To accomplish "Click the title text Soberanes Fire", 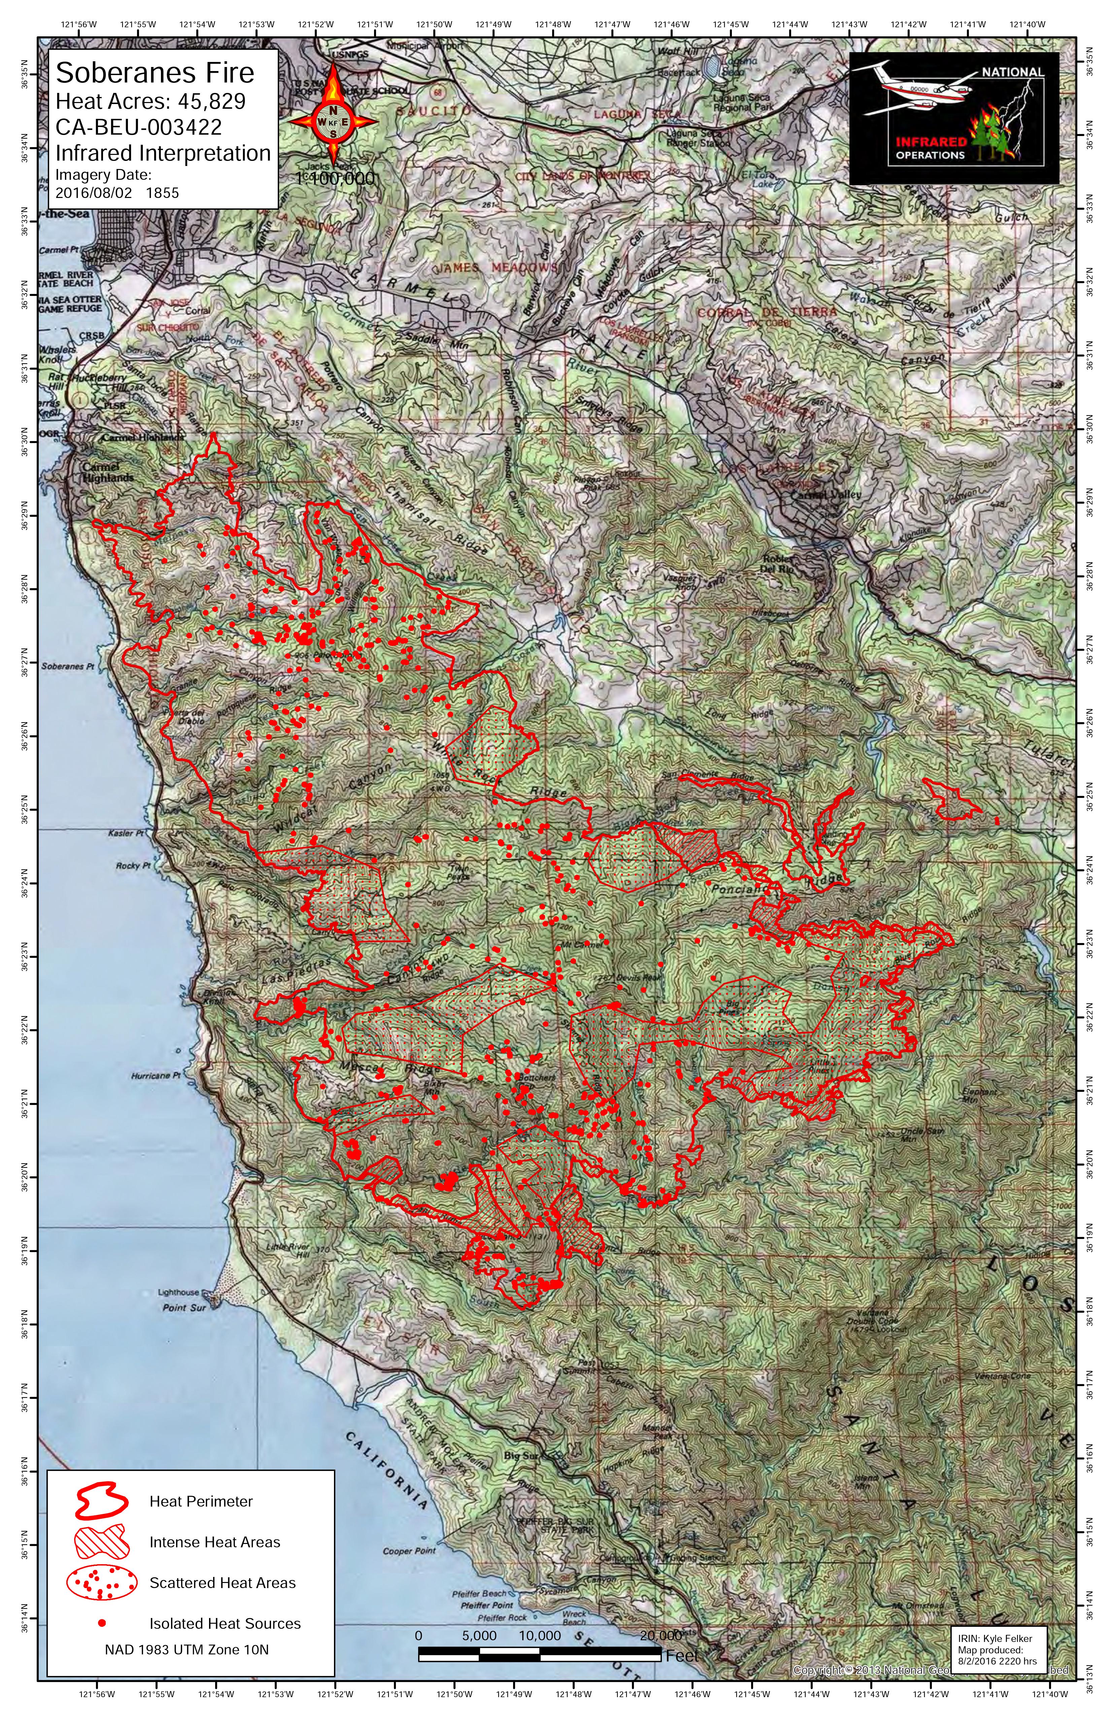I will coord(155,73).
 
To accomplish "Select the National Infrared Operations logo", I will coord(954,117).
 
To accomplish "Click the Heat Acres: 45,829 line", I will coord(151,101).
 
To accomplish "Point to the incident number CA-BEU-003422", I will coord(138,127).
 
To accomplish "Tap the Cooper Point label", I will coord(409,1551).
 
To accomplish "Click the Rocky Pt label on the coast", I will coord(132,866).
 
